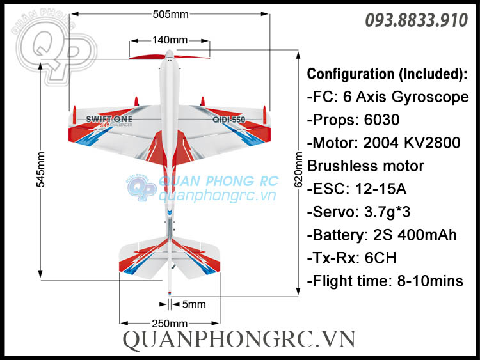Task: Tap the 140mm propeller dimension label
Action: (x=170, y=40)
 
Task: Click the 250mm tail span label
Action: (x=170, y=323)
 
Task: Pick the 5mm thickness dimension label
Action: (x=194, y=304)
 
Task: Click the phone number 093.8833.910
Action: (x=416, y=21)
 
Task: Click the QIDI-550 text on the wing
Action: (x=228, y=120)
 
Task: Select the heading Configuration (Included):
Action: (x=387, y=74)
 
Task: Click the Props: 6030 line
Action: (x=353, y=120)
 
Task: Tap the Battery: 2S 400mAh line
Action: (x=382, y=235)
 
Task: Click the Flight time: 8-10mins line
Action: (x=385, y=281)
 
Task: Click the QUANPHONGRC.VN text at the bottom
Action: (x=239, y=340)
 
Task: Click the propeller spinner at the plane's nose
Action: (x=169, y=54)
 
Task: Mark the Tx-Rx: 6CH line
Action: (x=352, y=258)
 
